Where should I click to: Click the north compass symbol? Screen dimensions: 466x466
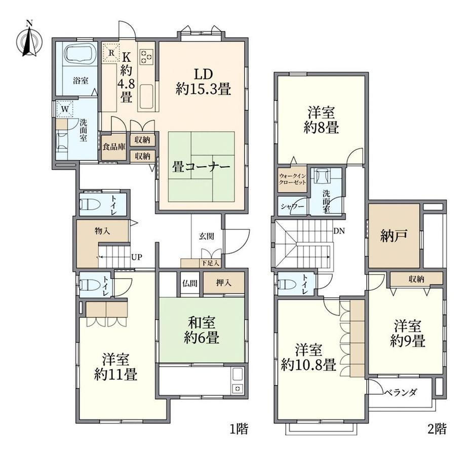point(29,40)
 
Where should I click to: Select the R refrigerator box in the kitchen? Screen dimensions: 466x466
point(111,53)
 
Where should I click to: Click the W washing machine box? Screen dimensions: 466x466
point(65,109)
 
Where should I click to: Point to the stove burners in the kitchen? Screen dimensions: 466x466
point(146,56)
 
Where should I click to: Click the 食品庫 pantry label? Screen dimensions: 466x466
point(114,146)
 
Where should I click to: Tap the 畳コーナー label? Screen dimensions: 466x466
point(201,167)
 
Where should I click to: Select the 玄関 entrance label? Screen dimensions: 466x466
point(207,237)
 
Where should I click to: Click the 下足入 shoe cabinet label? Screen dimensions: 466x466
point(210,263)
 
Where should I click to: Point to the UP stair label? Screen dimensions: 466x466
point(137,257)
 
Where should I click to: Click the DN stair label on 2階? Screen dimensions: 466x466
point(339,230)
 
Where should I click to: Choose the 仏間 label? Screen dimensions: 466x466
point(189,283)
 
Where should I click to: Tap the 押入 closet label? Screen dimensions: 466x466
point(223,283)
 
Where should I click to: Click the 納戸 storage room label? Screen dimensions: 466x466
point(394,236)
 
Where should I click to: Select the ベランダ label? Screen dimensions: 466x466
point(400,393)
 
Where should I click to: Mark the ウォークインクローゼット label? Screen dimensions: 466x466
point(292,179)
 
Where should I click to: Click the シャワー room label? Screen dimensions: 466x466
point(293,206)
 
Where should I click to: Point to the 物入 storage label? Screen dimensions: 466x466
point(102,231)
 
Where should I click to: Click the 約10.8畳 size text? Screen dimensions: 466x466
point(308,365)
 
